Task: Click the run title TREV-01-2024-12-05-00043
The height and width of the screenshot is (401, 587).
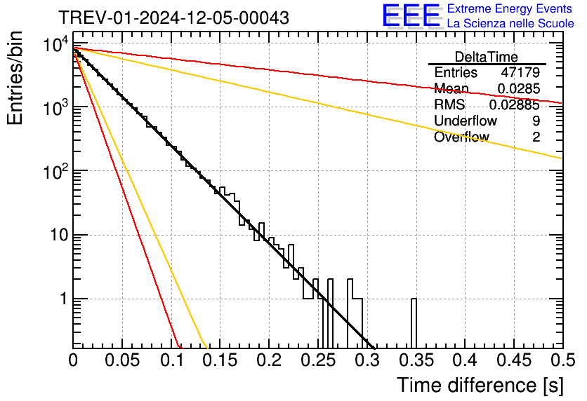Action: coord(173,18)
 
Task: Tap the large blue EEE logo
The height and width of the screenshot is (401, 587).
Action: coord(410,16)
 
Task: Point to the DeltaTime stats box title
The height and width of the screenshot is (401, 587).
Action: coord(487,57)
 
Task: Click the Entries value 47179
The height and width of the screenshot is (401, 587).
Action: coord(520,73)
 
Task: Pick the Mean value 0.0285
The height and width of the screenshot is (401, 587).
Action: coord(518,89)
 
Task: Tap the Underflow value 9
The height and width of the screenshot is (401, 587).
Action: coord(536,121)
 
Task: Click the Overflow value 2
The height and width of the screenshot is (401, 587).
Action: coord(536,137)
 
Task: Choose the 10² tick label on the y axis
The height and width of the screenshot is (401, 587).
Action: coord(53,170)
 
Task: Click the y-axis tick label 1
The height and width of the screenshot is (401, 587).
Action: coord(62,299)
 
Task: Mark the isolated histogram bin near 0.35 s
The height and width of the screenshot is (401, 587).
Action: coord(414,322)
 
